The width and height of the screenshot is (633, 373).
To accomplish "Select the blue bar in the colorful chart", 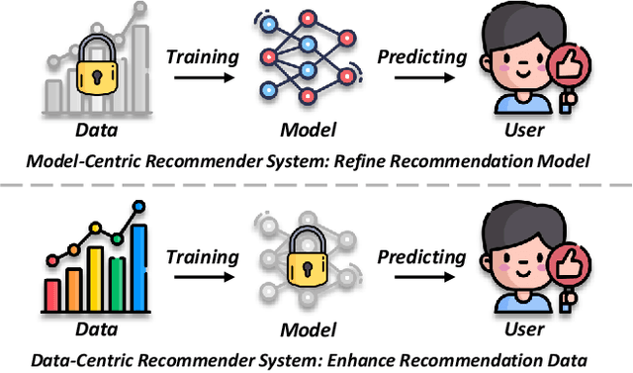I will click(138, 267).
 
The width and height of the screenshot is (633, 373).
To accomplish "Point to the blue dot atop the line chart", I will click(138, 206).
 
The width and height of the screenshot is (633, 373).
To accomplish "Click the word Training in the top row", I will click(202, 55).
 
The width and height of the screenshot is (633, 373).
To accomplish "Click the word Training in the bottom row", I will click(202, 256).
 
